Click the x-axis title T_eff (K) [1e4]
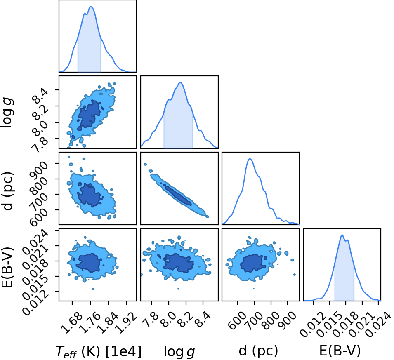99,351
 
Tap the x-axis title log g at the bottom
179,352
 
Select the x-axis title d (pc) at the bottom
258,350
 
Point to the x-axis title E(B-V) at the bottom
340,350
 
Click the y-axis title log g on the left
7,113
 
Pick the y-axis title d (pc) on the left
7,191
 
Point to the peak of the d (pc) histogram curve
250,159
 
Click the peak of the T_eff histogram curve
91,7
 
